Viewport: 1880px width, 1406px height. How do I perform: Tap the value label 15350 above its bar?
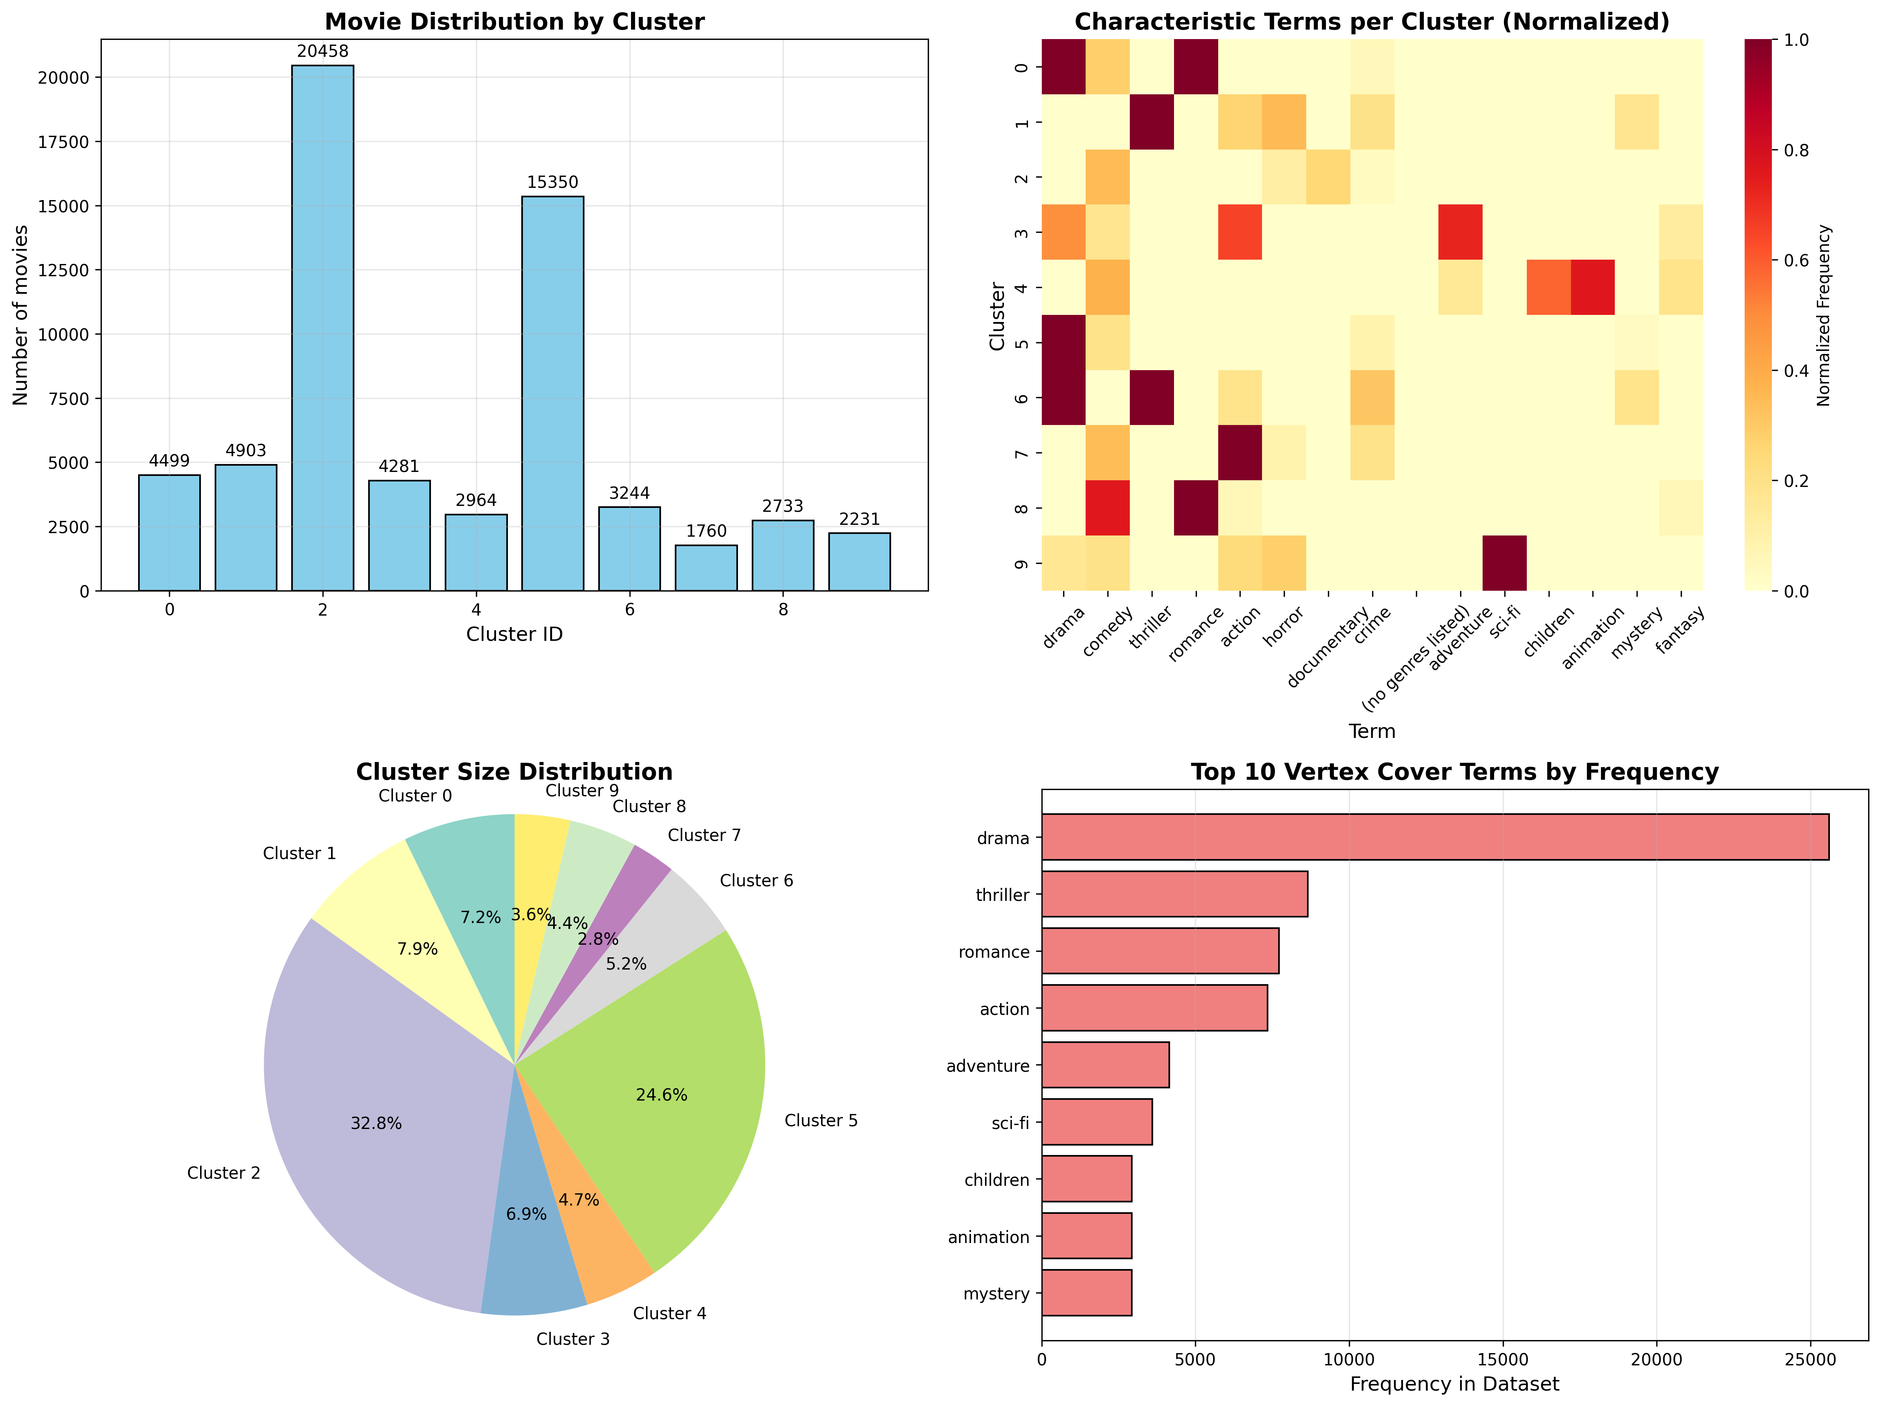pos(552,183)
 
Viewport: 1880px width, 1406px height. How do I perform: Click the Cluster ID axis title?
pos(514,634)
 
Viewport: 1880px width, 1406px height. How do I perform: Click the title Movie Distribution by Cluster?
pos(514,22)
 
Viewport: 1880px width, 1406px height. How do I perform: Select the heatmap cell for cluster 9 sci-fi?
pos(1504,563)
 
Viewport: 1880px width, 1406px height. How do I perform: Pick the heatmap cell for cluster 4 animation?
pos(1592,287)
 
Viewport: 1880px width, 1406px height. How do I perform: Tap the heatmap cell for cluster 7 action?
pos(1240,452)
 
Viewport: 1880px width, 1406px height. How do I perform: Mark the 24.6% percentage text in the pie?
pos(661,1095)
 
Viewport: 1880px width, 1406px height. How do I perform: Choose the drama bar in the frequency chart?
pos(1434,837)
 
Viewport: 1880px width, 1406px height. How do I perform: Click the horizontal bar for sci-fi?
pos(1096,1122)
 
